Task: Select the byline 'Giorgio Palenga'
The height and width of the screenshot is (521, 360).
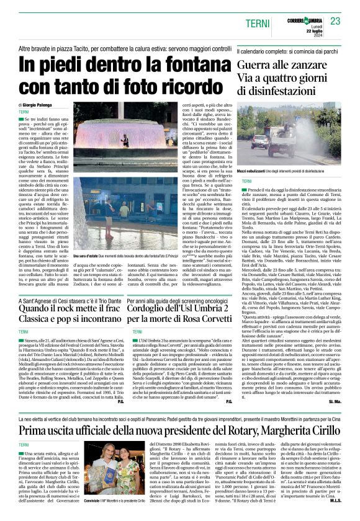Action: (40, 107)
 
